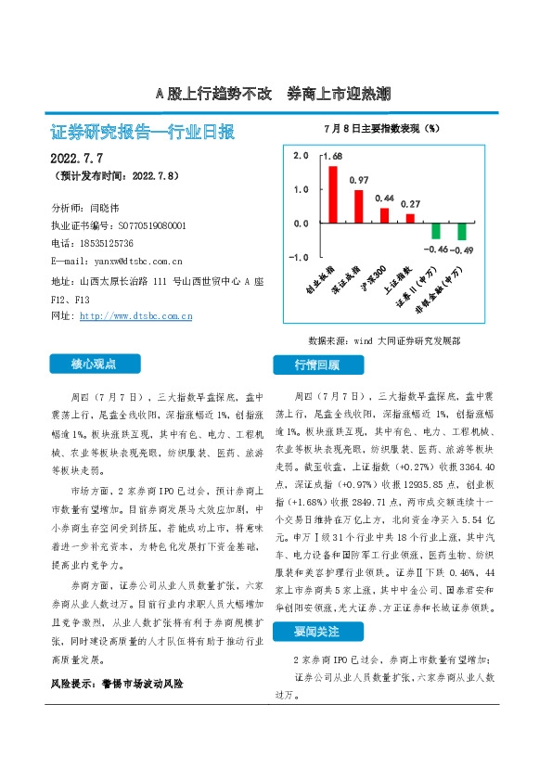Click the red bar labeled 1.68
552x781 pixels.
pyautogui.click(x=333, y=194)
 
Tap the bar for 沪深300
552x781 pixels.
pyautogui.click(x=384, y=215)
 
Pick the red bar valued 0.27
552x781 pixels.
pyautogui.click(x=410, y=218)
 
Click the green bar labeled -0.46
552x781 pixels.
pyautogui.click(x=436, y=231)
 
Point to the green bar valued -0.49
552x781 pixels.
pyautogui.click(x=461, y=232)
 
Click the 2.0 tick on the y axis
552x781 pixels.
pyautogui.click(x=301, y=156)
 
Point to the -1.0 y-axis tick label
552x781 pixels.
pyautogui.click(x=299, y=257)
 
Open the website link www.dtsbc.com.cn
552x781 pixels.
pyautogui.click(x=136, y=316)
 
